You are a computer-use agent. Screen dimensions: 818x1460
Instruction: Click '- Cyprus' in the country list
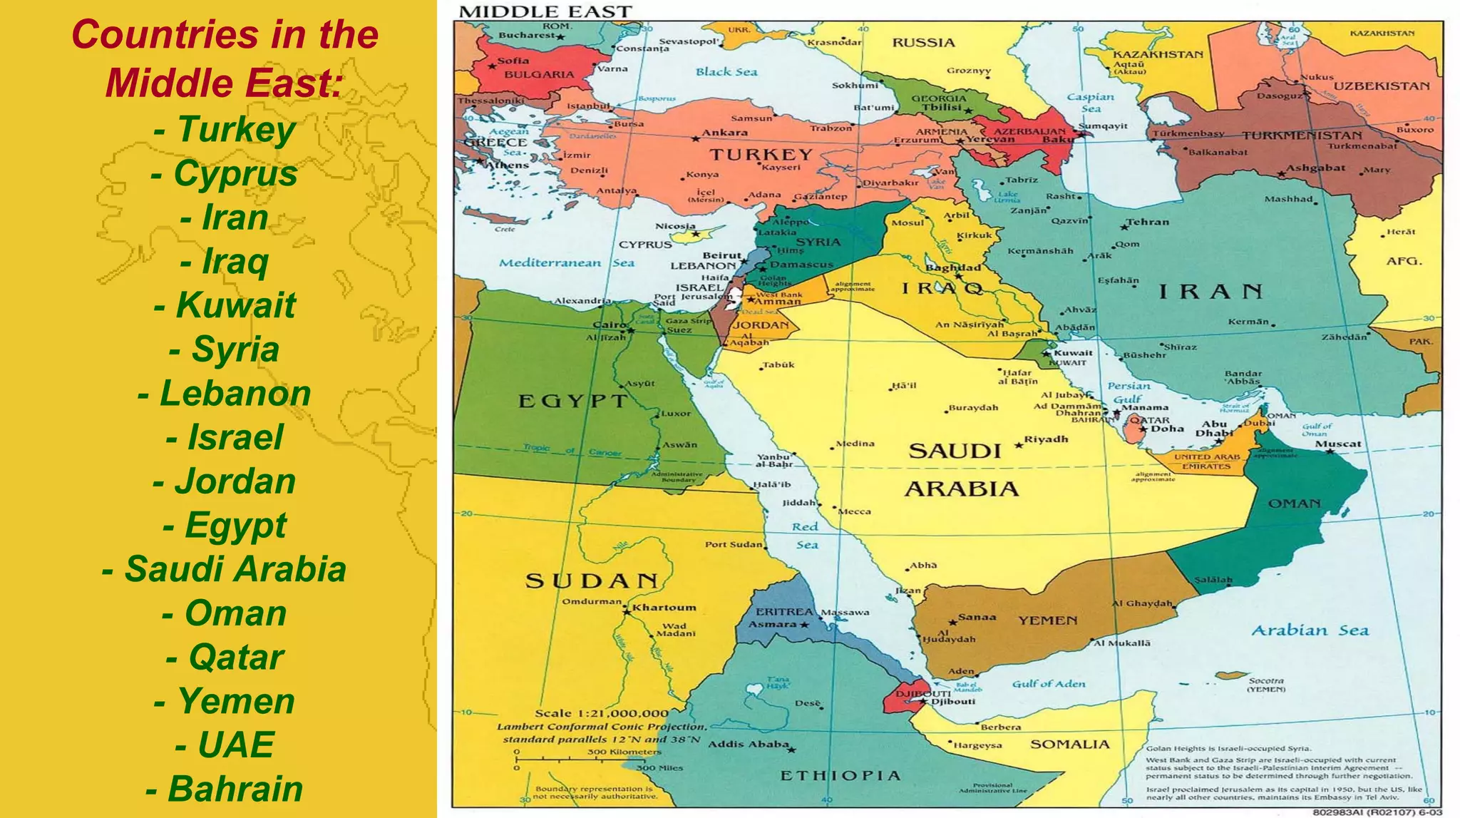(x=224, y=173)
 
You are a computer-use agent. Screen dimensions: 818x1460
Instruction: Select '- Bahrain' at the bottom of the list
(x=224, y=789)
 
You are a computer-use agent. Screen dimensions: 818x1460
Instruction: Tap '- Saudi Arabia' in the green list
(x=224, y=569)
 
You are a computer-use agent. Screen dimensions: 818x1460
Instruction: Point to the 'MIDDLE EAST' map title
(x=545, y=11)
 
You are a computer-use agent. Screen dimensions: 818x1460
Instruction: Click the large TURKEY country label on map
(x=761, y=154)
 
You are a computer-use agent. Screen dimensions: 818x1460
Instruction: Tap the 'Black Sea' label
(x=726, y=71)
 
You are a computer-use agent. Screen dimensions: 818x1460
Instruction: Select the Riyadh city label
(x=1046, y=439)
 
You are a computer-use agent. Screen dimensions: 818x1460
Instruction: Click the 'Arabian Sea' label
(x=1310, y=630)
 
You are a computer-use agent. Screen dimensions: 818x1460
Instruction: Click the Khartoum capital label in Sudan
(x=664, y=608)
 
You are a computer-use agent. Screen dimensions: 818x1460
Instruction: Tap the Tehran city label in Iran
(x=1147, y=222)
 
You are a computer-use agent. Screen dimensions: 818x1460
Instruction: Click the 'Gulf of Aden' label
(x=1048, y=684)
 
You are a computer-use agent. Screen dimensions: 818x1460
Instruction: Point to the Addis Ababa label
(x=748, y=744)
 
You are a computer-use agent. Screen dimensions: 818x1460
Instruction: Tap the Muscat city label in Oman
(x=1337, y=444)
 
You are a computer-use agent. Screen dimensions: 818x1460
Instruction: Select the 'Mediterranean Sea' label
(x=566, y=262)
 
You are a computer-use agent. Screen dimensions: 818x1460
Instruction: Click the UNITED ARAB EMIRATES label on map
(x=1206, y=461)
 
